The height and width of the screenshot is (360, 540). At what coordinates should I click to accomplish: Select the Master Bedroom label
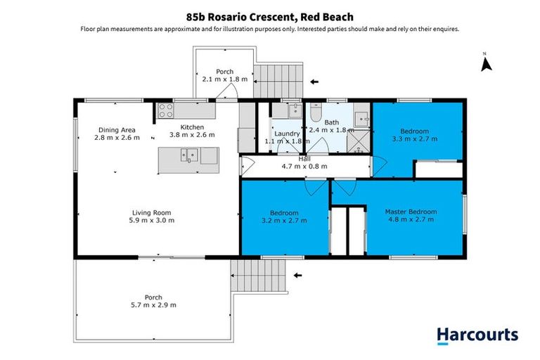411,211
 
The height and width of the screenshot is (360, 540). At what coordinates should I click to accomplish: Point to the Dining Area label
117,129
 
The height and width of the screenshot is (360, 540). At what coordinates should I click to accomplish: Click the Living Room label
153,212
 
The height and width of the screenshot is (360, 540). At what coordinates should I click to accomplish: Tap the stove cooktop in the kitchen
166,110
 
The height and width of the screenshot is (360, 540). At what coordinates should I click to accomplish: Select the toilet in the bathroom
316,112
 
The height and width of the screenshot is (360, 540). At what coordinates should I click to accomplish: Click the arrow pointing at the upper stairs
314,82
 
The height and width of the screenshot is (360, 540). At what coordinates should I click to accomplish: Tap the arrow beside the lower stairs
297,275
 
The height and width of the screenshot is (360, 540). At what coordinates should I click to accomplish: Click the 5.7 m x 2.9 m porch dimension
153,305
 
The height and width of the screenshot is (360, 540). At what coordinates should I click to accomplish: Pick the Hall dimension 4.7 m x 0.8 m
304,167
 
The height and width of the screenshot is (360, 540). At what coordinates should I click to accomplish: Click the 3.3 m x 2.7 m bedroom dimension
414,139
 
